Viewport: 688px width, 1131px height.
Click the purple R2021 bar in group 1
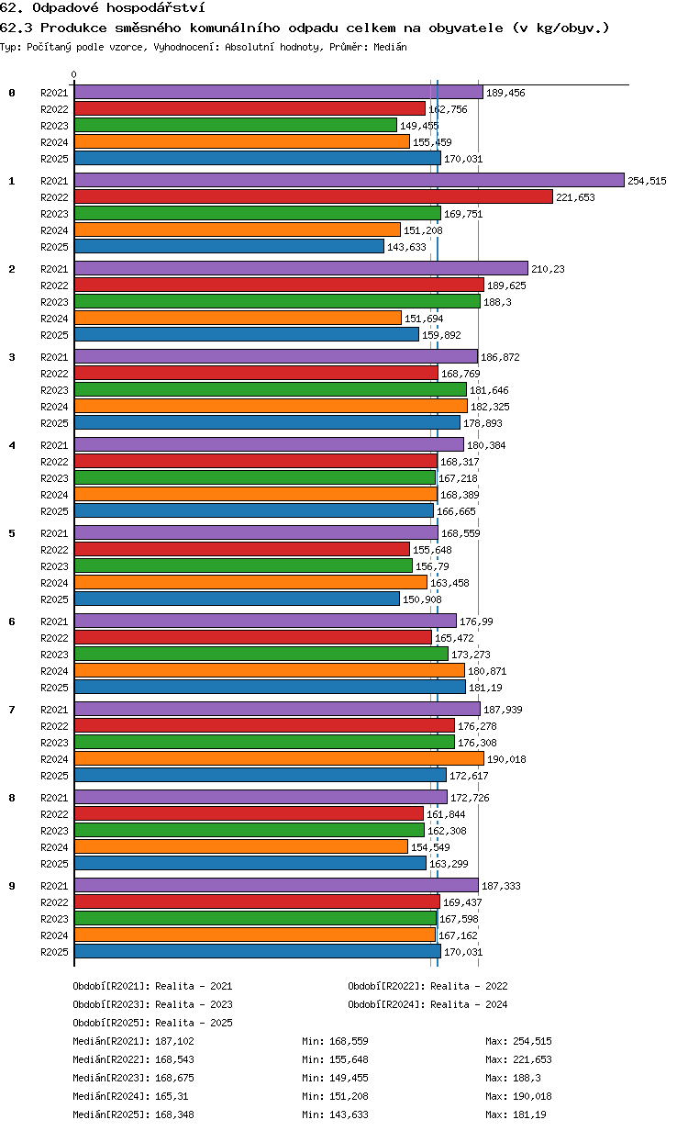point(349,180)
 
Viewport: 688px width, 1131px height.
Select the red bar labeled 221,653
point(313,196)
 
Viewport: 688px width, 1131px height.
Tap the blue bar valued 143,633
point(229,246)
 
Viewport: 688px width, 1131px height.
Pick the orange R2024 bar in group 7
point(279,758)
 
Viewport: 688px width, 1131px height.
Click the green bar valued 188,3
point(277,301)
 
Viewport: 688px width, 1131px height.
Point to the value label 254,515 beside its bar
point(647,181)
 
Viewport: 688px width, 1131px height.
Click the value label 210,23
point(548,269)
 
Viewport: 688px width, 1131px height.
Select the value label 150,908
point(422,599)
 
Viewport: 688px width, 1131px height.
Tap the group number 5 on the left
point(12,533)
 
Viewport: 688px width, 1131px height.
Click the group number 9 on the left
point(12,886)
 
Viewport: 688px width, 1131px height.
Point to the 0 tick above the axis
point(74,74)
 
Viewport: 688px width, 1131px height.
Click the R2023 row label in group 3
point(54,390)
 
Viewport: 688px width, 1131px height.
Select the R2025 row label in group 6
point(54,688)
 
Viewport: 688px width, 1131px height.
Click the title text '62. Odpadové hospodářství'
point(103,7)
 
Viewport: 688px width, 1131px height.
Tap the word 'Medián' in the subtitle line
point(390,47)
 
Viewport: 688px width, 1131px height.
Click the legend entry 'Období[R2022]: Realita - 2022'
point(427,986)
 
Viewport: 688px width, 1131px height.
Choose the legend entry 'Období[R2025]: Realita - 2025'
point(153,1023)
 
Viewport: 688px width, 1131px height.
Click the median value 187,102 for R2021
point(174,1041)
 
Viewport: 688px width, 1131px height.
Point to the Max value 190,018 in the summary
point(532,1096)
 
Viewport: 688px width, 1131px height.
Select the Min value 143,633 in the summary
point(349,1114)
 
